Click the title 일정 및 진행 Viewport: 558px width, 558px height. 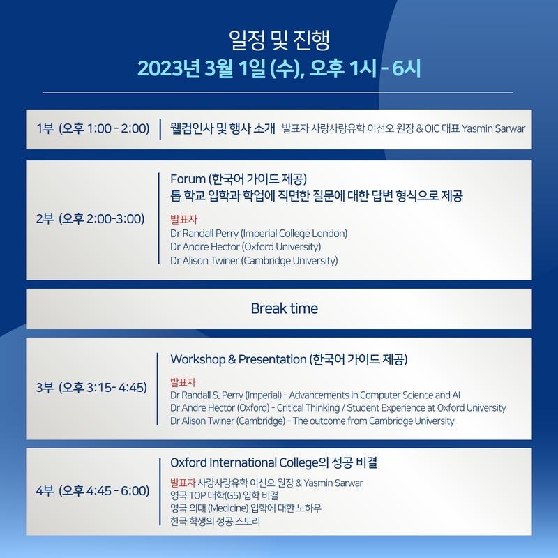280,40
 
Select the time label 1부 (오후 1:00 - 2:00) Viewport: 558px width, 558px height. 93,128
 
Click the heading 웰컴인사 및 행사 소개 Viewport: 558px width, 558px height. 223,128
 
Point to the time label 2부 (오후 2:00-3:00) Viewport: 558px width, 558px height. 91,219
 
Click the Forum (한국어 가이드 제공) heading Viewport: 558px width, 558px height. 239,179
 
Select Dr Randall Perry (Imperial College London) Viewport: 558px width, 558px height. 259,234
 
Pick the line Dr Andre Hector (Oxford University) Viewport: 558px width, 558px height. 246,247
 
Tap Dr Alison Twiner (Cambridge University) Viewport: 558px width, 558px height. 254,260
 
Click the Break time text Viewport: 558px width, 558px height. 285,308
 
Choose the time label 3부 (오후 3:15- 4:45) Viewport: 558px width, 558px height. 91,387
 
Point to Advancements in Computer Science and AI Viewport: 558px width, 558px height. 375,395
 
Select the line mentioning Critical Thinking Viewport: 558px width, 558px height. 338,408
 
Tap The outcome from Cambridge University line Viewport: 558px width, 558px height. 312,421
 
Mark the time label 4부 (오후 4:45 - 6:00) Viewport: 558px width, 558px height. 93,491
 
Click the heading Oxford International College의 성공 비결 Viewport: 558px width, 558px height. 273,462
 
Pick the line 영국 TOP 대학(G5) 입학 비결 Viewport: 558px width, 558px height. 224,495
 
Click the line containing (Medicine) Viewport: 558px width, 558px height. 246,508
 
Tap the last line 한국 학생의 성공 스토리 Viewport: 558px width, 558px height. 215,521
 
